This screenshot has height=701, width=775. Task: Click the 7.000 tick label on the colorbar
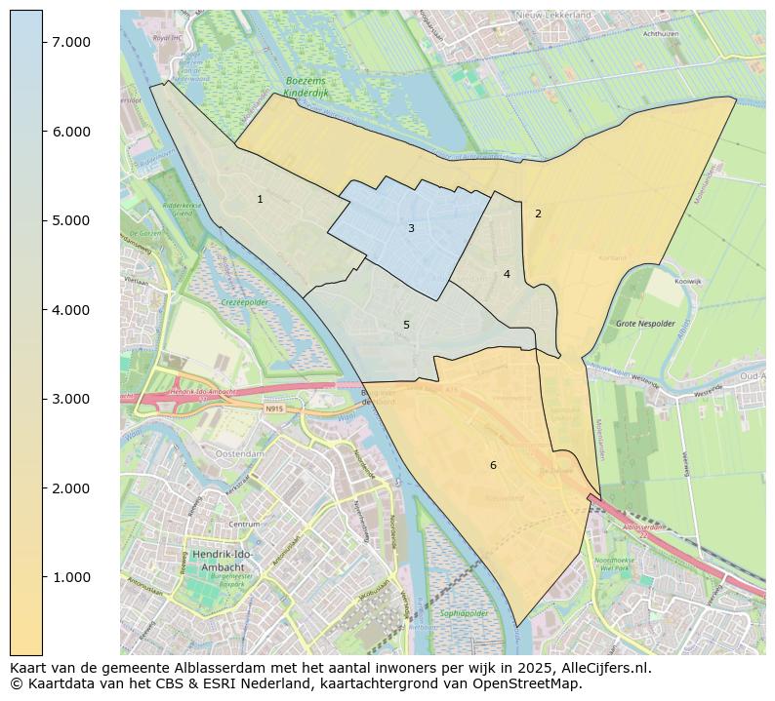click(71, 41)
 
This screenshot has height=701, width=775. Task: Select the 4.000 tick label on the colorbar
click(71, 310)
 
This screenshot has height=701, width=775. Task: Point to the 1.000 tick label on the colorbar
click(71, 577)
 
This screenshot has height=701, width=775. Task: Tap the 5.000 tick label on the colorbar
click(71, 220)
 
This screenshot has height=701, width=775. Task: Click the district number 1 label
click(260, 199)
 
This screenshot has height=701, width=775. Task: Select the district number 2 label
click(538, 213)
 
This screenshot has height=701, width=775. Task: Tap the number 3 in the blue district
click(411, 228)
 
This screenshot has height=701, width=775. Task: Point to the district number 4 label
click(507, 274)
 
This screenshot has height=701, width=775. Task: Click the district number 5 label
click(406, 325)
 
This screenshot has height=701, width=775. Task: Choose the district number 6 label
click(493, 465)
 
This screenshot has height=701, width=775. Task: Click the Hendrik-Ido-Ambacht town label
click(224, 561)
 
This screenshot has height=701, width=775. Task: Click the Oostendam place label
click(241, 454)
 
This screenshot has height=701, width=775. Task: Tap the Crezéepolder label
click(244, 303)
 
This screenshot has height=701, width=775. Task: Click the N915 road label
click(274, 409)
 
